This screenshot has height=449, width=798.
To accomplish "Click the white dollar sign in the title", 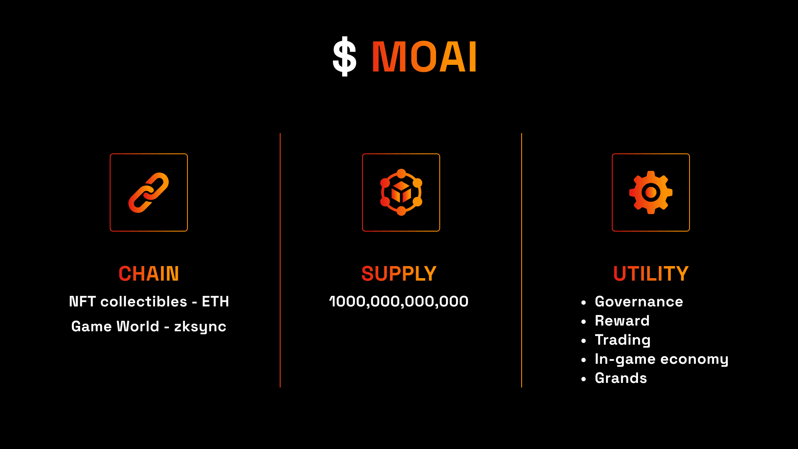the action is click(x=345, y=57).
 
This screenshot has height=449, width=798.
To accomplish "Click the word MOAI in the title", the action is click(x=424, y=57).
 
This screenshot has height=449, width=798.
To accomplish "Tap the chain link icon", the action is click(x=149, y=192).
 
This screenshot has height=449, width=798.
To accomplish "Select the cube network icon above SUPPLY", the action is click(x=401, y=192).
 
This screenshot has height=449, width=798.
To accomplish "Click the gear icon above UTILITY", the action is click(x=651, y=192).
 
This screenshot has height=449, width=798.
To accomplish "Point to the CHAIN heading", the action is click(x=149, y=274).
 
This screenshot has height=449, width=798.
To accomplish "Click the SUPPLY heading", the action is click(x=399, y=274).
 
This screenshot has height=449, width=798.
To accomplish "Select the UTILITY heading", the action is click(x=651, y=274).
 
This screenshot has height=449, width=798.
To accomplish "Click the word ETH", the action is click(x=215, y=301).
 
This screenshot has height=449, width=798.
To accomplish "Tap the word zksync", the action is click(x=200, y=327).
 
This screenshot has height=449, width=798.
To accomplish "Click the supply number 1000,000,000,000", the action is click(x=399, y=302).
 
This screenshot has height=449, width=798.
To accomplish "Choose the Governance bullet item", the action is click(x=639, y=301).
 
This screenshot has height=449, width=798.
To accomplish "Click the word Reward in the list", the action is click(x=622, y=321).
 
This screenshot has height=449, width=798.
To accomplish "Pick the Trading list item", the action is click(x=623, y=340).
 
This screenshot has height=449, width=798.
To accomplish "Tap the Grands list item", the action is click(x=621, y=378).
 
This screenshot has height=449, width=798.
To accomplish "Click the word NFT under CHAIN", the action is click(x=82, y=301).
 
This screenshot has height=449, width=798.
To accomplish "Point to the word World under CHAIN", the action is click(x=138, y=326).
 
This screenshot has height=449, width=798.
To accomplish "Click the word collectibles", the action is click(x=144, y=301).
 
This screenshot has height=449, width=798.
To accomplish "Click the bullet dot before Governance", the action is click(x=584, y=302).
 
